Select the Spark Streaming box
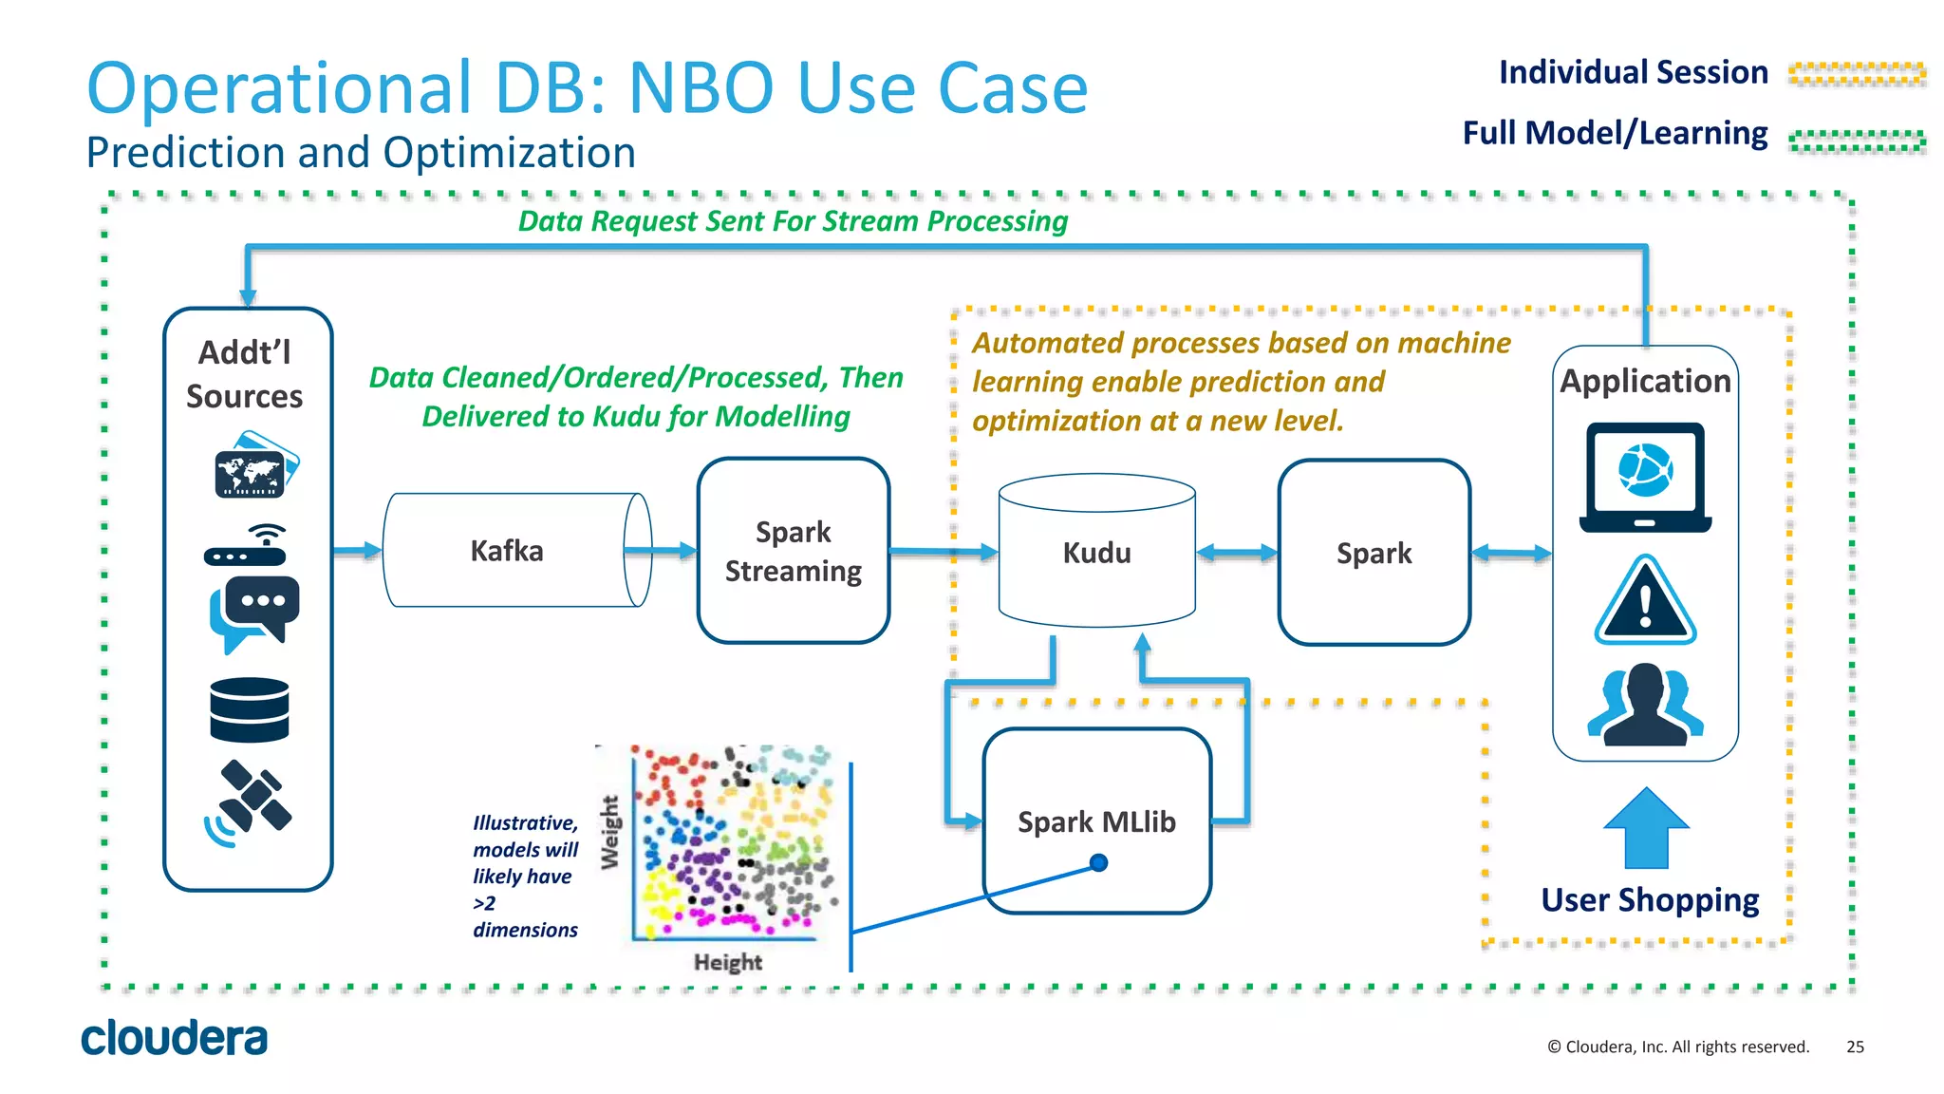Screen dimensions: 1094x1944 pyautogui.click(x=793, y=551)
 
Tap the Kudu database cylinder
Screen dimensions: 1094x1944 pyautogui.click(x=1096, y=552)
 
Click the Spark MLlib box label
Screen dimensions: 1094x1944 pyautogui.click(x=1096, y=821)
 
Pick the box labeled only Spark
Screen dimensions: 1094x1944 pyautogui.click(x=1374, y=553)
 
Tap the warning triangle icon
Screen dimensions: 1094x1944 pyautogui.click(x=1645, y=602)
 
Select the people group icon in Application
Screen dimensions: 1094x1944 pyautogui.click(x=1645, y=705)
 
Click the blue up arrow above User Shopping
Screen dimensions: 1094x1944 pyautogui.click(x=1646, y=827)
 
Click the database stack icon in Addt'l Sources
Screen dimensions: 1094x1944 pyautogui.click(x=249, y=709)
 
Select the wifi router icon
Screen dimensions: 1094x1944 pyautogui.click(x=247, y=545)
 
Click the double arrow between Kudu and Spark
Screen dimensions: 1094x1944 pyautogui.click(x=1237, y=553)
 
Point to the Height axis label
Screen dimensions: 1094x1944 pyautogui.click(x=727, y=962)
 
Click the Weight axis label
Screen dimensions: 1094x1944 pyautogui.click(x=609, y=832)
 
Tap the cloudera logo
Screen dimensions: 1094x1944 pyautogui.click(x=174, y=1038)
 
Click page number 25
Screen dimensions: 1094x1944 pyautogui.click(x=1855, y=1047)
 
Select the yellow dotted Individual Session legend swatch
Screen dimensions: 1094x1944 pyautogui.click(x=1856, y=74)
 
